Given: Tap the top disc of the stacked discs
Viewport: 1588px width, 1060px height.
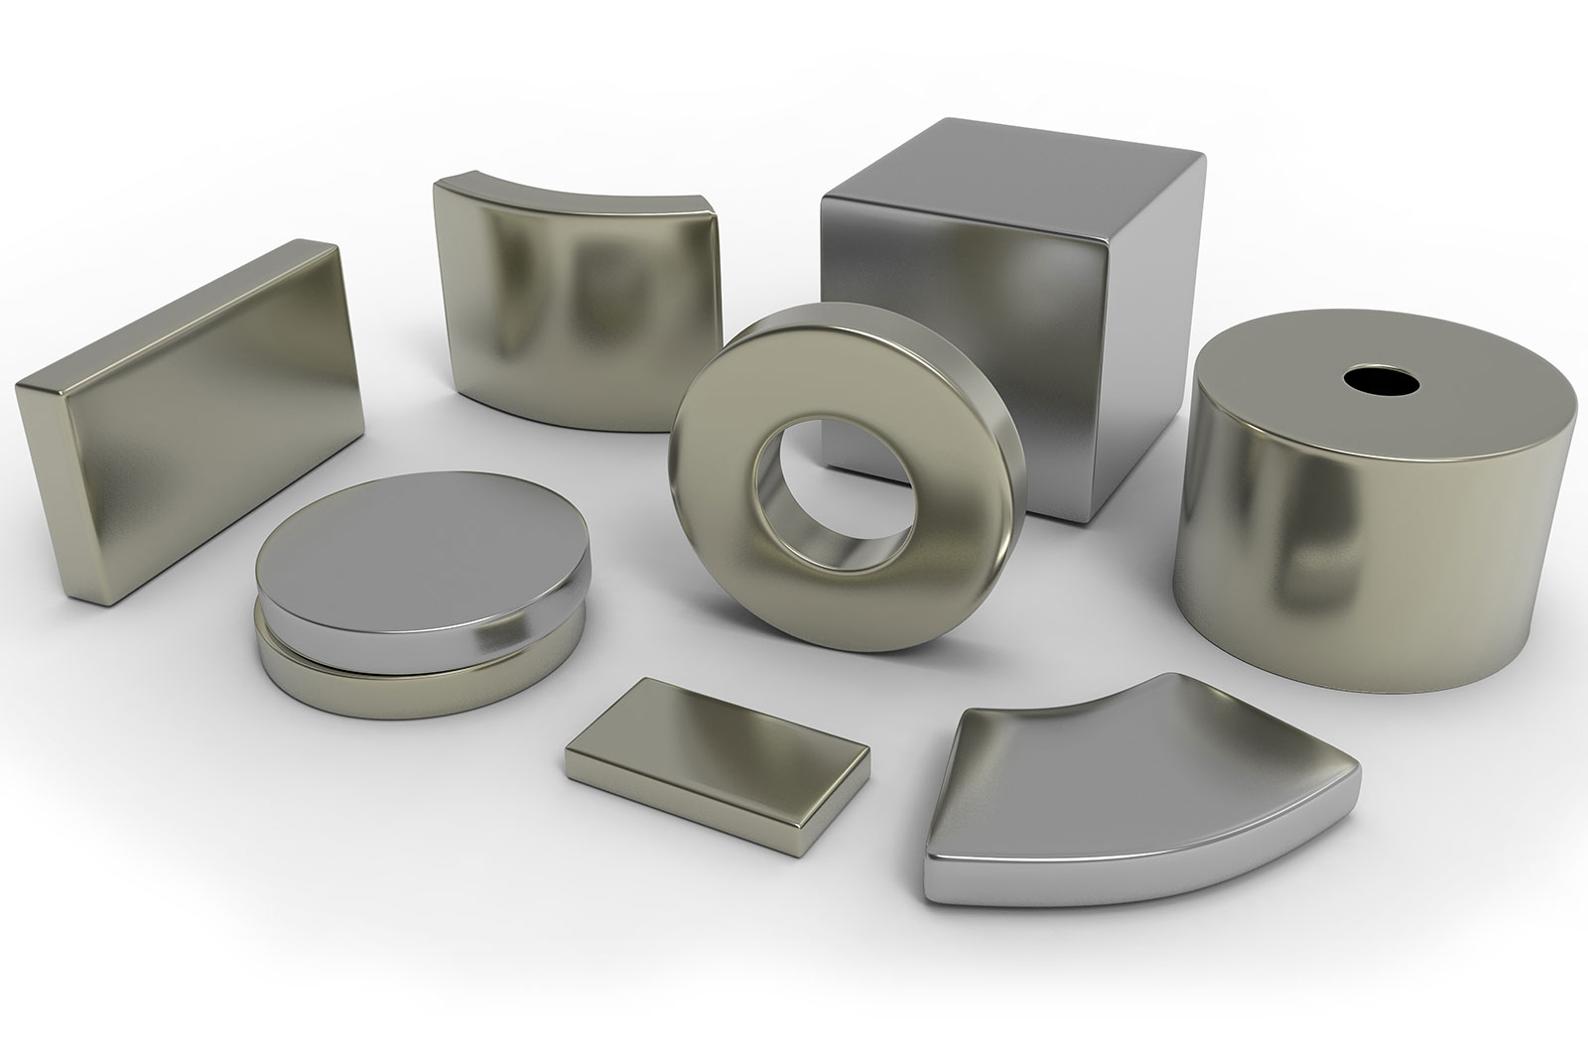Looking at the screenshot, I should pos(417,576).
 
